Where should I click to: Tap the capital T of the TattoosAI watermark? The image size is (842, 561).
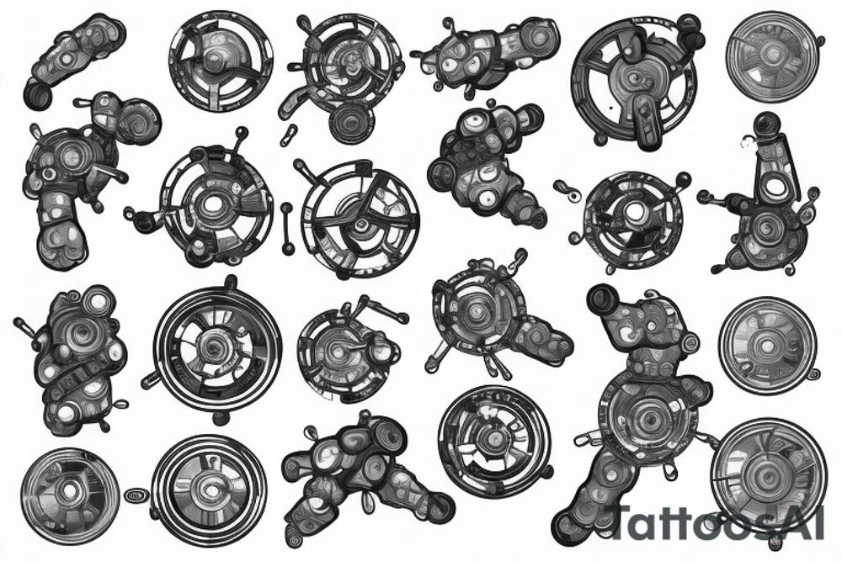coord(628,521)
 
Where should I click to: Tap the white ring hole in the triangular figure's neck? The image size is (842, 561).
coord(770,168)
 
